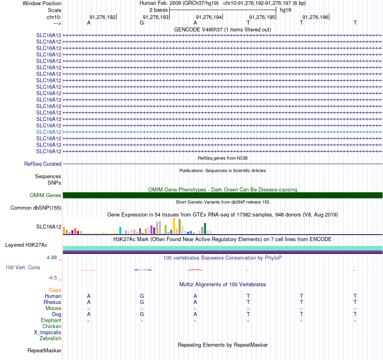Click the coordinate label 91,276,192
[x=102, y=17]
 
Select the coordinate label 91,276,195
[x=262, y=17]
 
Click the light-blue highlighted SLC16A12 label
[x=49, y=132]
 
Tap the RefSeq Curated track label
[x=43, y=164]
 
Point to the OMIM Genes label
[x=46, y=196]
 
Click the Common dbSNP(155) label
[x=36, y=208]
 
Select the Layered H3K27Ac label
[x=26, y=245]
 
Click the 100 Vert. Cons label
[x=23, y=267]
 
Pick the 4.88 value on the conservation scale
[x=52, y=258]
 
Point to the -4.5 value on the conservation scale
[x=52, y=278]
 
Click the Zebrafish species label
[x=50, y=339]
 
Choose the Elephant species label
[x=51, y=320]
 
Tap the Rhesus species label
[x=52, y=302]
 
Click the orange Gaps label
[x=55, y=290]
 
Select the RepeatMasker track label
[x=44, y=350]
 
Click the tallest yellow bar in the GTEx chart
[x=174, y=226]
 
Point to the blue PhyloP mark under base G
[x=143, y=270]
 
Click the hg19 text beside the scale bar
[x=285, y=10]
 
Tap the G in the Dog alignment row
[x=142, y=314]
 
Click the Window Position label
[x=42, y=3]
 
